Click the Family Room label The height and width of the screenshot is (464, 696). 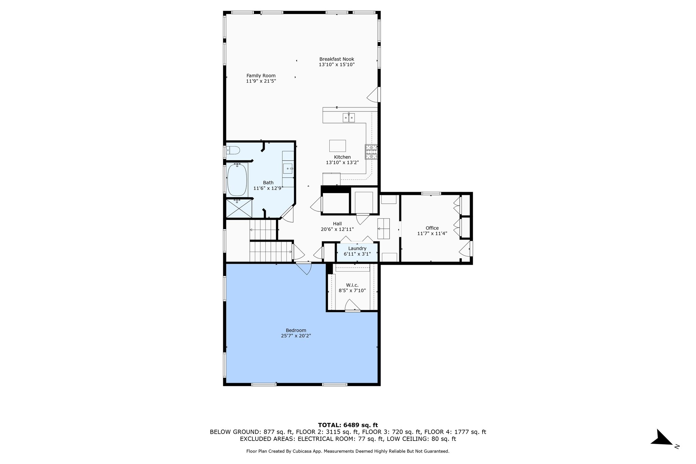tap(261, 76)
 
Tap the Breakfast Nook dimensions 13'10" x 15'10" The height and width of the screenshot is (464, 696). tap(336, 65)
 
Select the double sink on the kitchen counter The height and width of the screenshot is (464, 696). tap(349, 118)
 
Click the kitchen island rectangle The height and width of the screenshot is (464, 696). tap(337, 146)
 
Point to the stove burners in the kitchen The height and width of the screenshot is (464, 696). tap(371, 152)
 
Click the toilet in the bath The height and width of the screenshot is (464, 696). tap(234, 150)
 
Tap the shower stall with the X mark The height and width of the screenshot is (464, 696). tap(239, 208)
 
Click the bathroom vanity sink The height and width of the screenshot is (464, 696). tap(288, 169)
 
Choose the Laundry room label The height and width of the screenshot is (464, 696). tap(357, 248)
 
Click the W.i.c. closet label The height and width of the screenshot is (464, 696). tap(352, 285)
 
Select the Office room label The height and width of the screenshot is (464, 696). tap(432, 228)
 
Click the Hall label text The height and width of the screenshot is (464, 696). tap(337, 224)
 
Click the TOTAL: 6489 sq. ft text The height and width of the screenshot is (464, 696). tap(348, 425)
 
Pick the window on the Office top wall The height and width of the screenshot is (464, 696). tap(431, 194)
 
